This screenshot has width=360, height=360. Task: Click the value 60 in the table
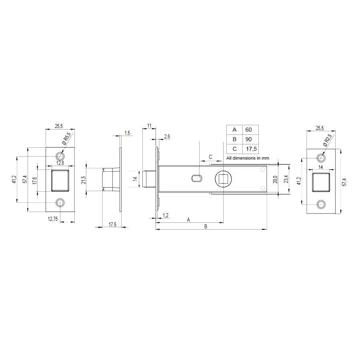point(248,130)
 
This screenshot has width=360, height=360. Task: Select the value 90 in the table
point(248,139)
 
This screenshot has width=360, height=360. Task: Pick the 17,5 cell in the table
point(251,149)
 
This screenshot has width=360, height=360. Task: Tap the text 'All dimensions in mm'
point(248,158)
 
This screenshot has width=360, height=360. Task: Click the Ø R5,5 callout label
point(66,138)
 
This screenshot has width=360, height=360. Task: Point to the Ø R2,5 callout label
point(327,140)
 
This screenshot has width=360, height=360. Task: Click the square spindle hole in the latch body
point(223,179)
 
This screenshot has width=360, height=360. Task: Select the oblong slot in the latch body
point(197,178)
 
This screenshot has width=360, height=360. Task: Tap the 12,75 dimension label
point(53,219)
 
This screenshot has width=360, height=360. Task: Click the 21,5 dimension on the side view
point(83,180)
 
